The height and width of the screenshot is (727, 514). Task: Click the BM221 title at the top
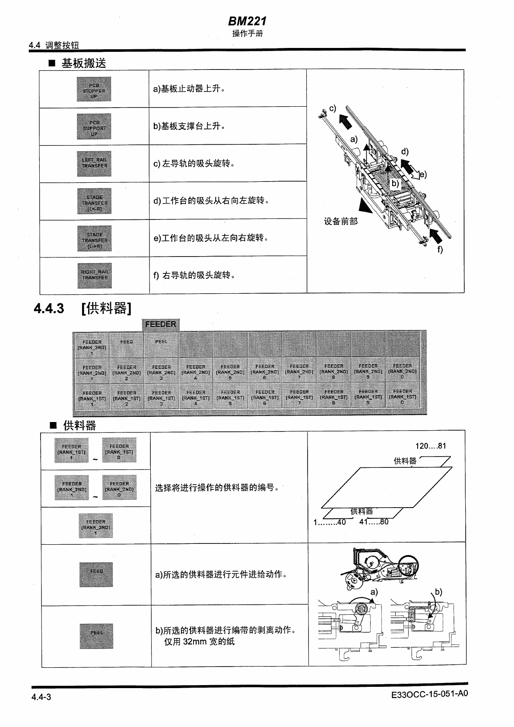(x=247, y=21)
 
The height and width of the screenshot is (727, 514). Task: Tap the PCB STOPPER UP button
(x=94, y=89)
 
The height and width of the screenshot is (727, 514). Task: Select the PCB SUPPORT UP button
(x=94, y=127)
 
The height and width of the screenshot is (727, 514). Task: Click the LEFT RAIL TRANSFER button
(x=94, y=164)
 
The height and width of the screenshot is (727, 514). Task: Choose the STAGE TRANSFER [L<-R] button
(x=95, y=201)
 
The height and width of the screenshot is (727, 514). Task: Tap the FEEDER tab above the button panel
(x=161, y=324)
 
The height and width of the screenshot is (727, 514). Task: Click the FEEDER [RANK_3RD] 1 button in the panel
(x=92, y=345)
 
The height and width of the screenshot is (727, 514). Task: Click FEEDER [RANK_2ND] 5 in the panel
(x=230, y=371)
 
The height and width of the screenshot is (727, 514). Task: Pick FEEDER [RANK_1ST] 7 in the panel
(x=299, y=397)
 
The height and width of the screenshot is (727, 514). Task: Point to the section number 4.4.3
(x=49, y=308)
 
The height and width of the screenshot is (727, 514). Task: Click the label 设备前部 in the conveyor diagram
(x=341, y=222)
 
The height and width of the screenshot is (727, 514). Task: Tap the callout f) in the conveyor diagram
(x=440, y=249)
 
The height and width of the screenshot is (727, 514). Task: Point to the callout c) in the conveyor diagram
(x=332, y=108)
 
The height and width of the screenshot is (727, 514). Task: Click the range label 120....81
(x=431, y=446)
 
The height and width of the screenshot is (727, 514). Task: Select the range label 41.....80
(x=374, y=522)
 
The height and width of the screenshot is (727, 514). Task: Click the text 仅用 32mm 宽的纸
(x=199, y=641)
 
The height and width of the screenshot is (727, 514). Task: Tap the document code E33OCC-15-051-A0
(x=429, y=695)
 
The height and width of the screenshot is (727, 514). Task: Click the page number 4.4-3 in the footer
(x=41, y=697)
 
